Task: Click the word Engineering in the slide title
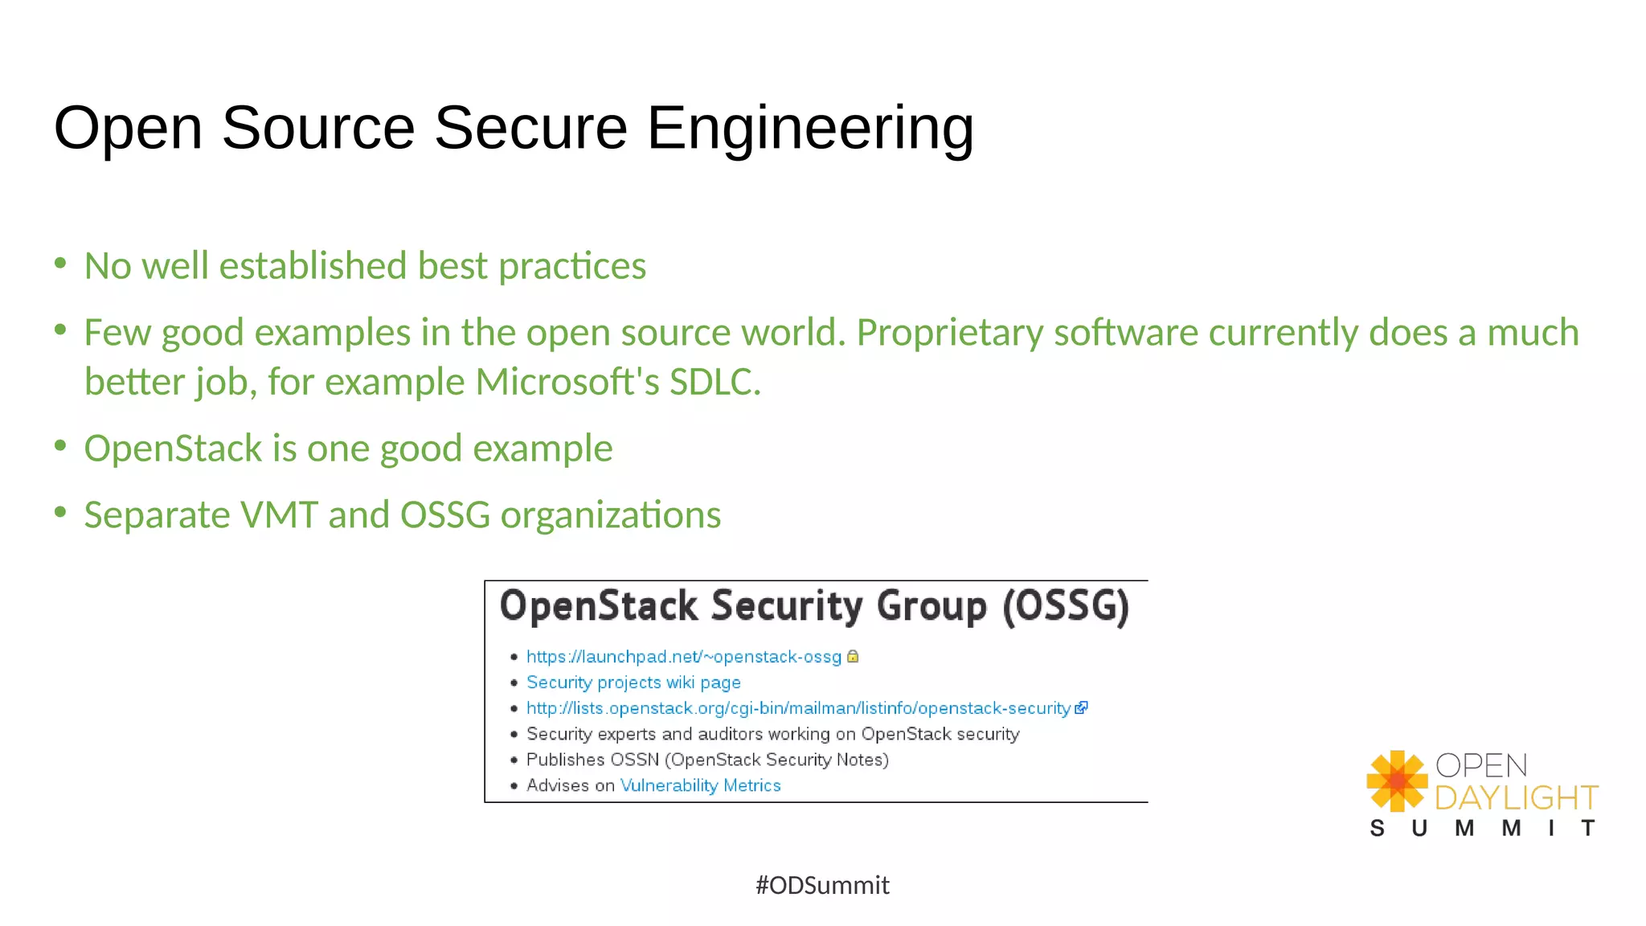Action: pos(809,129)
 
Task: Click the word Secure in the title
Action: pos(530,129)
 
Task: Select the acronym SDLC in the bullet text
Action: pos(714,382)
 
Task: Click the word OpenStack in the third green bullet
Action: pos(173,449)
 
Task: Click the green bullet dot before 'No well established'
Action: pos(60,263)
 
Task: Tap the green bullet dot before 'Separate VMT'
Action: pos(60,512)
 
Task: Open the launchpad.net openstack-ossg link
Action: pos(683,657)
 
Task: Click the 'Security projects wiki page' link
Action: pos(633,682)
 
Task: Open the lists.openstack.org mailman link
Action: pos(797,708)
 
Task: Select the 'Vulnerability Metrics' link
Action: pos(700,785)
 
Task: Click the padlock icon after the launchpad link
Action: pos(853,656)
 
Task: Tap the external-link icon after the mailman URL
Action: pos(1081,707)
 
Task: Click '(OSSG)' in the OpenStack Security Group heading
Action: pos(1066,606)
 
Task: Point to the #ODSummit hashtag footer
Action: pos(822,885)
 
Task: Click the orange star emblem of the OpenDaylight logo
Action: pos(1397,781)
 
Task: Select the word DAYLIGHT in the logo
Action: pos(1516,797)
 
